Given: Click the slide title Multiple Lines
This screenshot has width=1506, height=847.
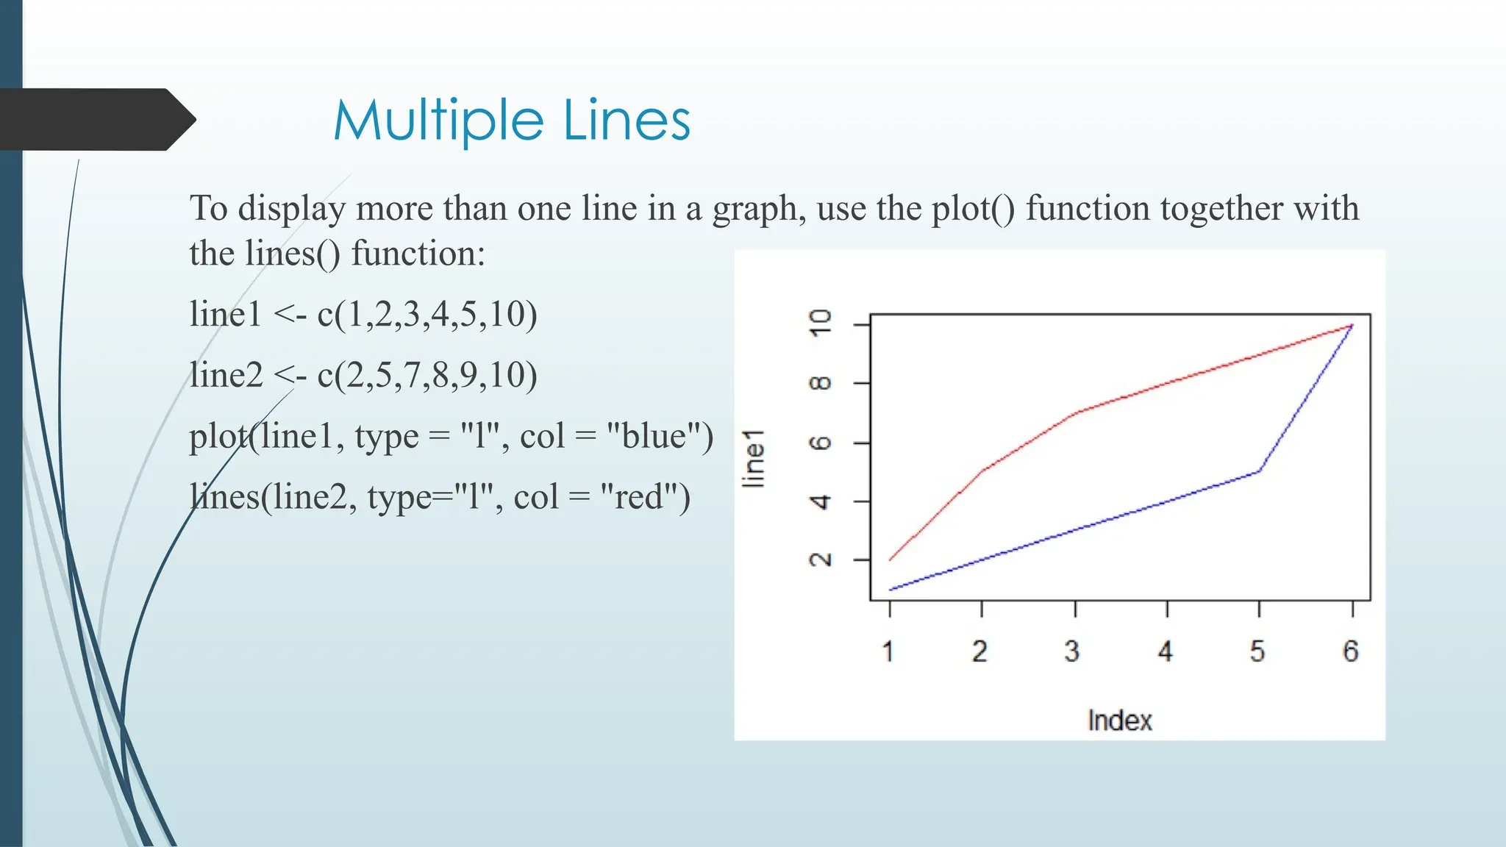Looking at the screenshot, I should (x=512, y=121).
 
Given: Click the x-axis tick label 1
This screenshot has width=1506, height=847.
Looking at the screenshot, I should (x=888, y=651).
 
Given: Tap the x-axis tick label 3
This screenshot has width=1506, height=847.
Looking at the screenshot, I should (x=1072, y=651).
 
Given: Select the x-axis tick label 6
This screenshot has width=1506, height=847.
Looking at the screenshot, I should (x=1351, y=651).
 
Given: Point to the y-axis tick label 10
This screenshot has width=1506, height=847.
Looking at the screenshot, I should (x=820, y=323).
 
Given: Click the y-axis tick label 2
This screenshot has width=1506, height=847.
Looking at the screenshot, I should (x=820, y=560).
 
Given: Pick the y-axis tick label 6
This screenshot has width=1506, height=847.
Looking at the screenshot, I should (x=820, y=443).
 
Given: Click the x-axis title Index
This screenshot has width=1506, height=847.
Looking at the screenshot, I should (x=1119, y=721).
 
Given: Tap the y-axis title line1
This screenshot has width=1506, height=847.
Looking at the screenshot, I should (x=754, y=459).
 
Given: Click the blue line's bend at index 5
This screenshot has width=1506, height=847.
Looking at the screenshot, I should (x=1260, y=471).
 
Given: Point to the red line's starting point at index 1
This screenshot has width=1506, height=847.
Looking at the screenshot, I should (x=891, y=560).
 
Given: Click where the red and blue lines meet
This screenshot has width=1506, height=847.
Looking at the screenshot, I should (x=1352, y=325).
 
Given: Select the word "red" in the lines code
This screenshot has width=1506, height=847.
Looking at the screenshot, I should (x=638, y=497).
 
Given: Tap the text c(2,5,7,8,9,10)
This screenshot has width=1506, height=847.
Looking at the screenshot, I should (x=427, y=375).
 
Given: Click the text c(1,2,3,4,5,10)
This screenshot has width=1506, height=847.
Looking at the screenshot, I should (x=427, y=314).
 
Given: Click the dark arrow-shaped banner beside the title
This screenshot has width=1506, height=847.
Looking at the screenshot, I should (x=92, y=119).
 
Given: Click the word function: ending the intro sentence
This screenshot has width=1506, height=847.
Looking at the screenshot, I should (x=418, y=254).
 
